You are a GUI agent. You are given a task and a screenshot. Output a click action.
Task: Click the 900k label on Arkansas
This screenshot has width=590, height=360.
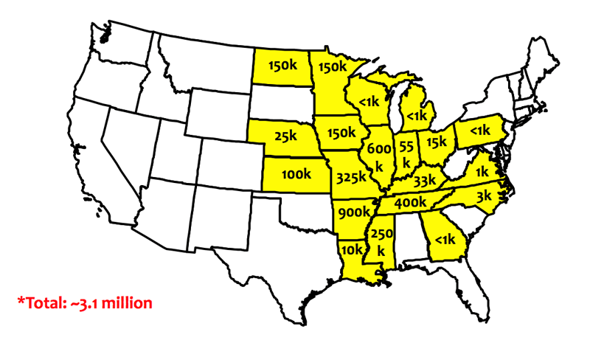(x=353, y=212)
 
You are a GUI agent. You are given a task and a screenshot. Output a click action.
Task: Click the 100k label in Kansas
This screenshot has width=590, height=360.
(x=296, y=174)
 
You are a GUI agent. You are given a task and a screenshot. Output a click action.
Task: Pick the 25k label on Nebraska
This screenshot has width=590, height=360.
(x=283, y=136)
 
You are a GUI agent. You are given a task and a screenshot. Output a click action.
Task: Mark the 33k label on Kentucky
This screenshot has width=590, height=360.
(x=425, y=180)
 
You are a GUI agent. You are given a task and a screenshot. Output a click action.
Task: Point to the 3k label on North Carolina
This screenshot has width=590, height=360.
(x=484, y=196)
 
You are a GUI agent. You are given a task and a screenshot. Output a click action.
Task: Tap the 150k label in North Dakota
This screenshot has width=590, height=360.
(x=283, y=65)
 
